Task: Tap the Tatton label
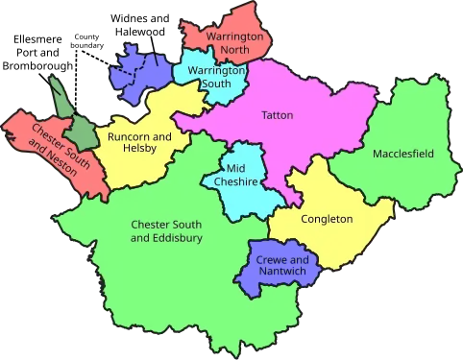pos(277,116)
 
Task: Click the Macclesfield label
pos(402,154)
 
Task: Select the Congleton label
pos(327,219)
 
